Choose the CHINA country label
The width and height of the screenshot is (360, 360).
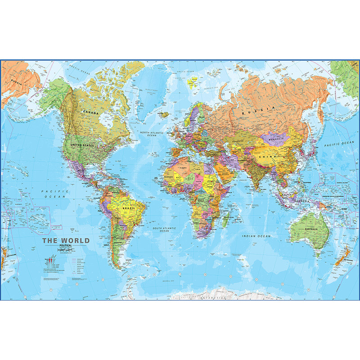click(x=267, y=156)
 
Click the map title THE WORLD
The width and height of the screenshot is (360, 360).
click(x=66, y=241)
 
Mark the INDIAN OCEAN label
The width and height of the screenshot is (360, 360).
click(x=256, y=236)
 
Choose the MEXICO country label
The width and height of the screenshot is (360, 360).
click(x=81, y=171)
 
